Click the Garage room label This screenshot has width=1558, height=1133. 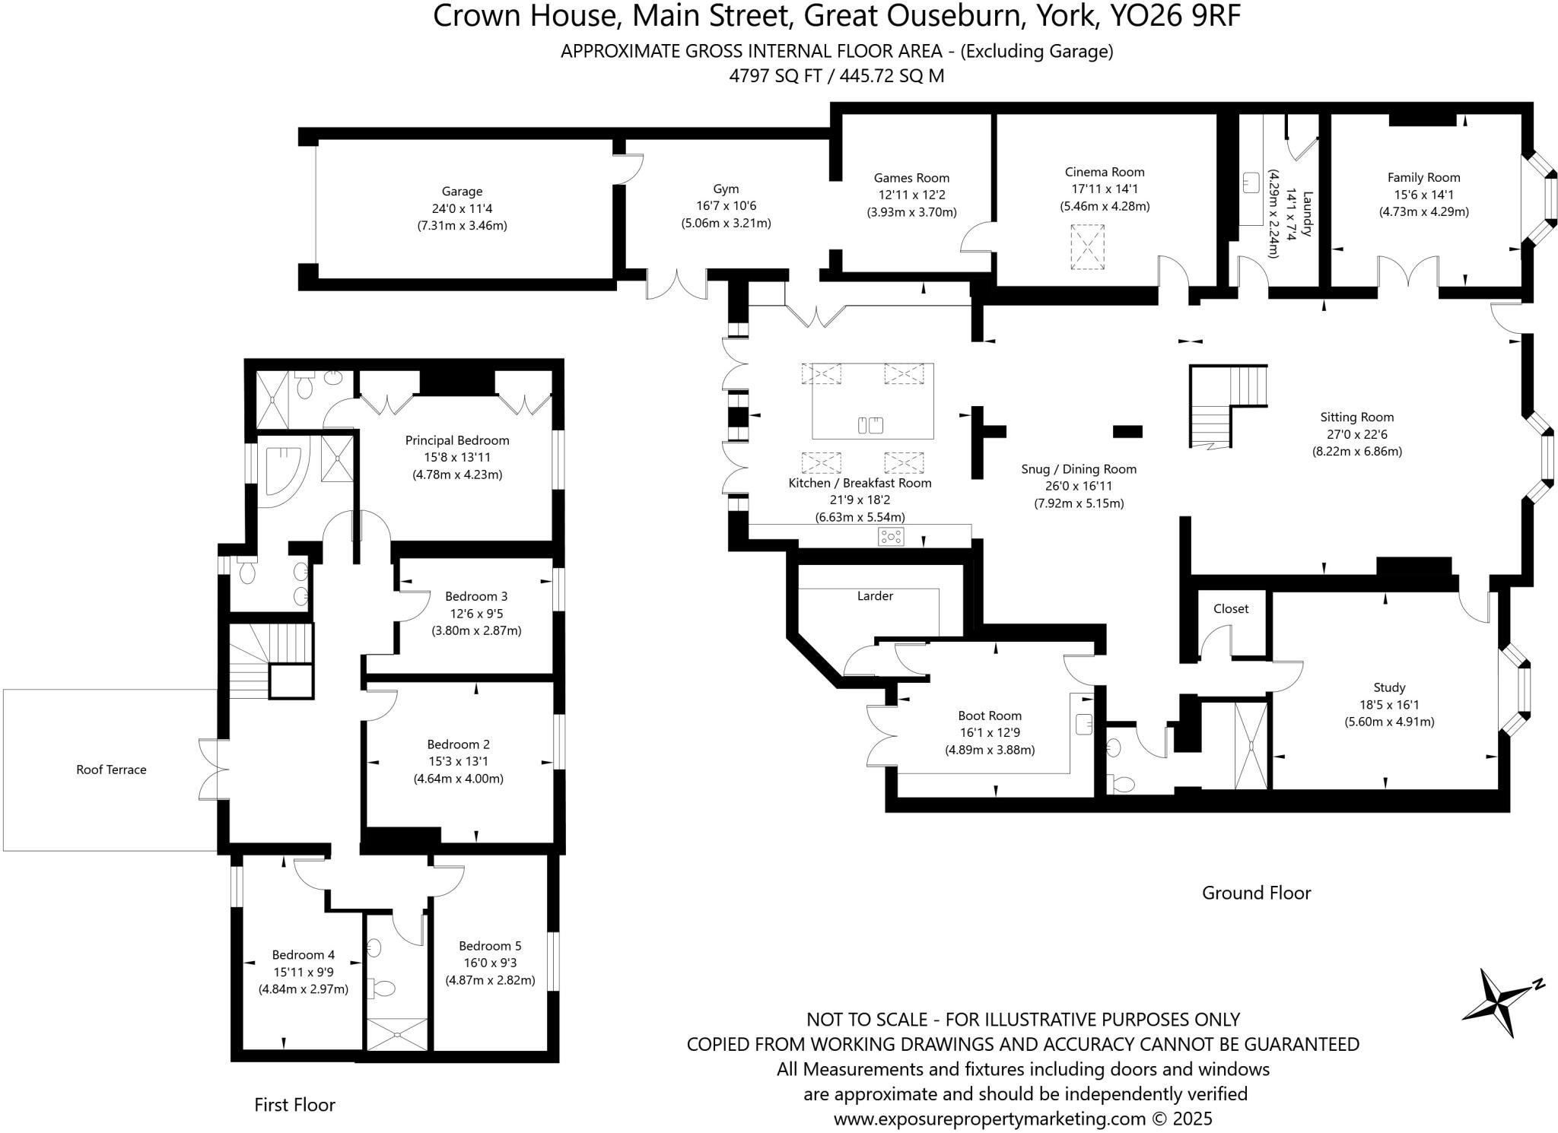pyautogui.click(x=462, y=192)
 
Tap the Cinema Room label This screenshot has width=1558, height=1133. pyautogui.click(x=1105, y=173)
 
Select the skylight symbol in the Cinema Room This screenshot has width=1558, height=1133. pyautogui.click(x=1087, y=246)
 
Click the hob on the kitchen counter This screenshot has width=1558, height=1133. pyautogui.click(x=891, y=537)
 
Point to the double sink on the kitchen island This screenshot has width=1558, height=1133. pyautogui.click(x=870, y=425)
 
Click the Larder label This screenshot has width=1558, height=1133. pyautogui.click(x=875, y=596)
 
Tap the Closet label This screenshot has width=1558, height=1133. pyautogui.click(x=1231, y=608)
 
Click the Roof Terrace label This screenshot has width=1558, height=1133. pyautogui.click(x=111, y=770)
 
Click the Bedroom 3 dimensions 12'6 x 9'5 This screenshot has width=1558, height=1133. pyautogui.click(x=476, y=614)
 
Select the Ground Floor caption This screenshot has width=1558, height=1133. pyautogui.click(x=1256, y=893)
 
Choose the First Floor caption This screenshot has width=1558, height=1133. pyautogui.click(x=294, y=1105)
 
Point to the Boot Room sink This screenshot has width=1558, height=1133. pyautogui.click(x=1084, y=724)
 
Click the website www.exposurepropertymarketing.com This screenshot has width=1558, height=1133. pyautogui.click(x=989, y=1119)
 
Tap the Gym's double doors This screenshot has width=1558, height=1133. pyautogui.click(x=676, y=285)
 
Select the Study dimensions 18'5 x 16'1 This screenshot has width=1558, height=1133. pyautogui.click(x=1389, y=705)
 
